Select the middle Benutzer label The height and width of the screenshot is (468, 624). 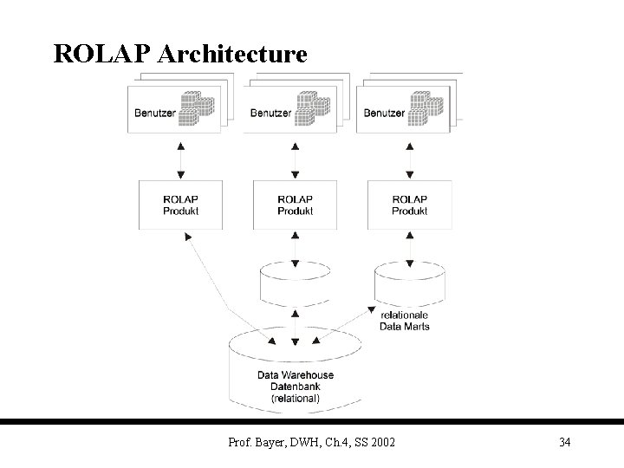270,113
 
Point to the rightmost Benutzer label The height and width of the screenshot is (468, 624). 385,113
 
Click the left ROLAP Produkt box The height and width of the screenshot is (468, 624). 180,205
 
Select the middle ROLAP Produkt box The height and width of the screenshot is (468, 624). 296,205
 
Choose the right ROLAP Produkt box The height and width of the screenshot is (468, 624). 410,205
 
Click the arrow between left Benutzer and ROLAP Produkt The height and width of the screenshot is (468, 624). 180,158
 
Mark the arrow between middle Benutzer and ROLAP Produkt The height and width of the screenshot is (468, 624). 296,158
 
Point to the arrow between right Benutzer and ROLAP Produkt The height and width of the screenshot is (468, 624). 410,158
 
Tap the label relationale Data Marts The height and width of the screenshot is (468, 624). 405,321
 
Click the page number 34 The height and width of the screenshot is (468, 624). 564,443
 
